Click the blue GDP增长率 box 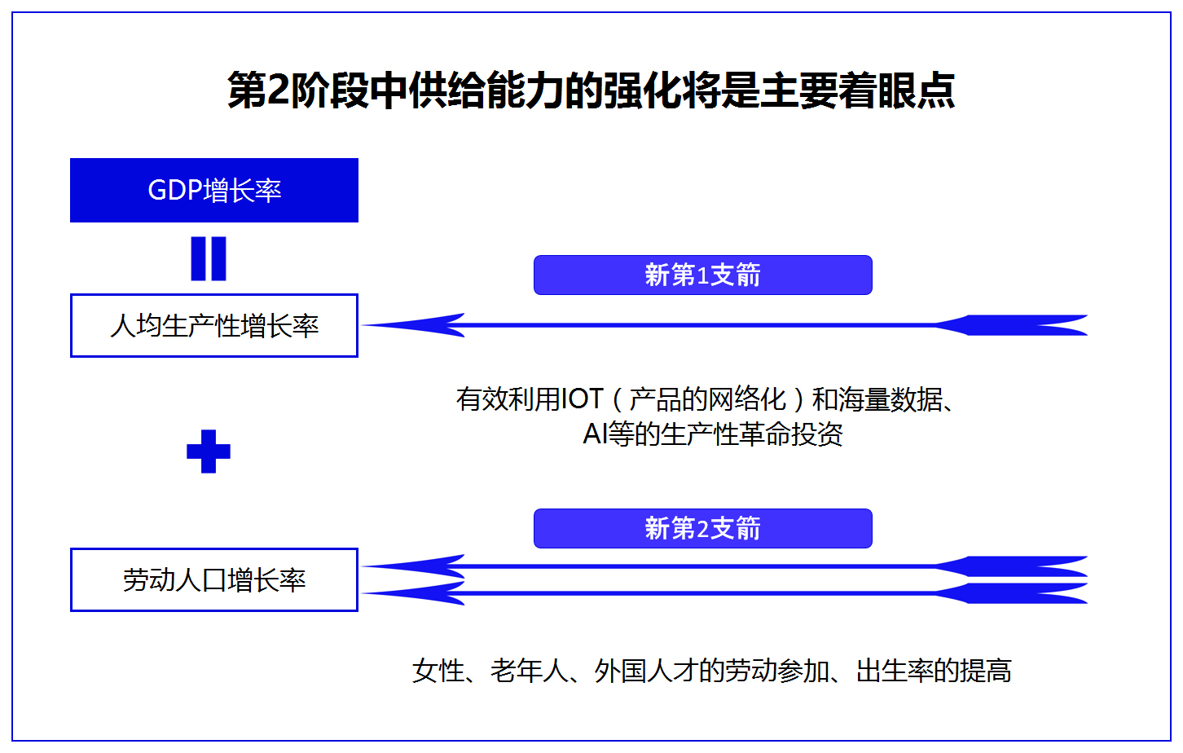pyautogui.click(x=214, y=190)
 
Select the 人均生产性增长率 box pyautogui.click(x=214, y=325)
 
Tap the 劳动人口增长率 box pyautogui.click(x=214, y=579)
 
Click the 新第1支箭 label pyautogui.click(x=703, y=275)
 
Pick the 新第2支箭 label pyautogui.click(x=703, y=528)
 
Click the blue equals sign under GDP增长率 pyautogui.click(x=209, y=258)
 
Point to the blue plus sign pyautogui.click(x=209, y=451)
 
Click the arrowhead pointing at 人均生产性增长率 pyautogui.click(x=415, y=325)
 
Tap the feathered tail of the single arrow pyautogui.click(x=1011, y=325)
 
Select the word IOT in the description pyautogui.click(x=582, y=399)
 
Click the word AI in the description pyautogui.click(x=595, y=434)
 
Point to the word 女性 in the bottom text pyautogui.click(x=438, y=671)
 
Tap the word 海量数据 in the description pyautogui.click(x=890, y=399)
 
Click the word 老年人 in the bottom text pyautogui.click(x=530, y=671)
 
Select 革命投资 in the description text pyautogui.click(x=790, y=434)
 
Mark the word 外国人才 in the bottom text pyautogui.click(x=646, y=671)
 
